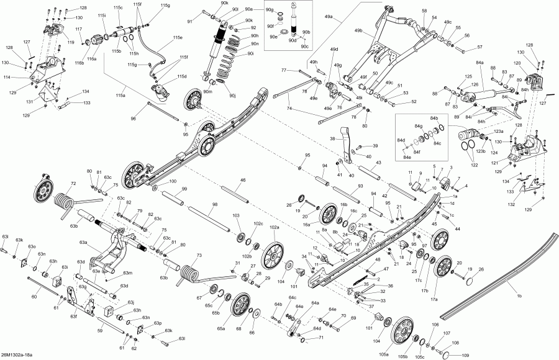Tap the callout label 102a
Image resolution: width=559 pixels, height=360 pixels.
coord(275,228)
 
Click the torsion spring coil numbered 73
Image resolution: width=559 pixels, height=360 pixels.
coord(188,271)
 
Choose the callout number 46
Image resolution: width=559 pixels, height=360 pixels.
coord(243,180)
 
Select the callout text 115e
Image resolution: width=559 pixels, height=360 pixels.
coord(178,38)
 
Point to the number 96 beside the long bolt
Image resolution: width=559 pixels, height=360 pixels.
coord(133,118)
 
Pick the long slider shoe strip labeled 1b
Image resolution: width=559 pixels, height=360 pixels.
coord(497,273)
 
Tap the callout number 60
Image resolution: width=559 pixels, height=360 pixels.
coord(34,297)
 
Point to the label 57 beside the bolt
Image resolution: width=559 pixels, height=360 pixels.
coord(479,48)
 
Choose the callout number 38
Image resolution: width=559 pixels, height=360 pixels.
coord(332,138)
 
